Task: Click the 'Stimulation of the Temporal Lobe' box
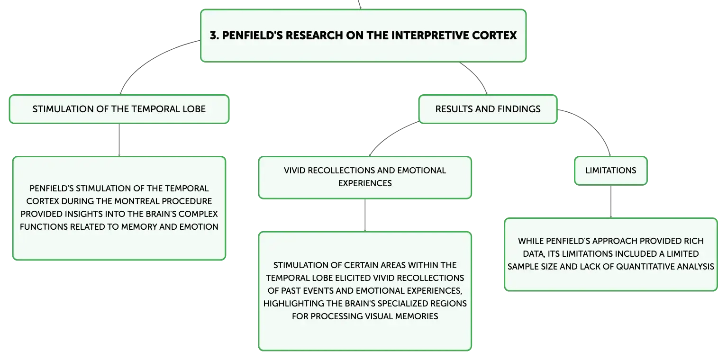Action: [x=119, y=109]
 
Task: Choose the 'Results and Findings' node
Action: [x=488, y=109]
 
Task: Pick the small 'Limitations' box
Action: [x=611, y=171]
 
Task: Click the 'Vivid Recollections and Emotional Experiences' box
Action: [x=365, y=178]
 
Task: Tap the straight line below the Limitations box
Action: [x=611, y=201]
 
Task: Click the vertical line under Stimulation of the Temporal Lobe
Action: [x=119, y=140]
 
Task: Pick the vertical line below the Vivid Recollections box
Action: [x=365, y=215]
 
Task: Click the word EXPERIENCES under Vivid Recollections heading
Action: [x=365, y=183]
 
